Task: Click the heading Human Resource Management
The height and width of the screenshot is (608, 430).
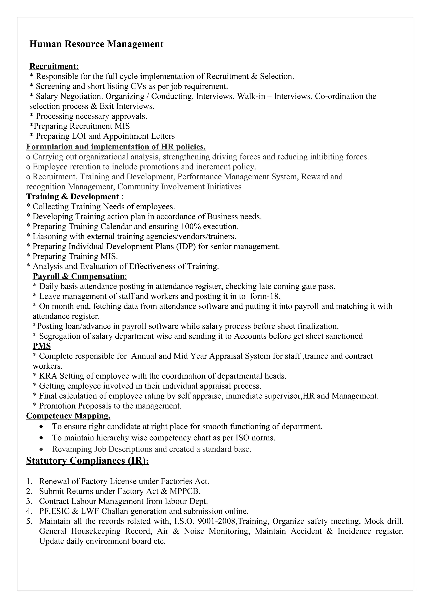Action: pos(96,44)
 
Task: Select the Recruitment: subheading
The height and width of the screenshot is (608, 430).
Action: pos(54,66)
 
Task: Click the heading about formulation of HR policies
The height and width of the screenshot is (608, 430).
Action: pos(116,147)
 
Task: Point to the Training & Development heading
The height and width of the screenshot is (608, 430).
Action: pos(73,197)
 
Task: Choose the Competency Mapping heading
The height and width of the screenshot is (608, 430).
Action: pos(68,416)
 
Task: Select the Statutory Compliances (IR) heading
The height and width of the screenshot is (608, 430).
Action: pos(87,461)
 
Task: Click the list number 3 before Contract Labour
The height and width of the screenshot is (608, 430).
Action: pos(29,501)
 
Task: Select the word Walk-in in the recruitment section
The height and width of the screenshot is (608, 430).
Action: pos(251,96)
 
